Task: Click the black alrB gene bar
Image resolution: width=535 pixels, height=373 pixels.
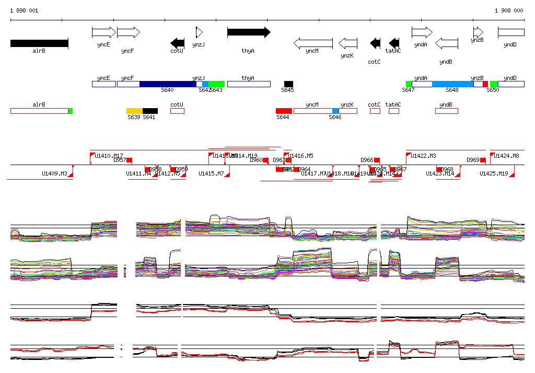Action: tap(39, 43)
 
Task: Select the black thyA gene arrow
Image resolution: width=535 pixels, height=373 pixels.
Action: tap(248, 32)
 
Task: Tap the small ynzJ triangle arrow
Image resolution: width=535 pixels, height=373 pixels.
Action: tap(199, 32)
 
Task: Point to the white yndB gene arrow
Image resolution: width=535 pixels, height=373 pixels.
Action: tap(447, 43)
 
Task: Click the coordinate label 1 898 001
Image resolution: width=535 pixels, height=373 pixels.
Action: tap(24, 10)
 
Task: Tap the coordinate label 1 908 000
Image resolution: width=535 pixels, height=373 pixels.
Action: tap(509, 10)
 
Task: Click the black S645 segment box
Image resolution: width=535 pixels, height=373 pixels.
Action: tap(288, 84)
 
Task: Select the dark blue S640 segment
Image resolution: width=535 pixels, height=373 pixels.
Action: tap(168, 84)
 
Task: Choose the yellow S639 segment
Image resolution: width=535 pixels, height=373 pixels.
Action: tap(134, 111)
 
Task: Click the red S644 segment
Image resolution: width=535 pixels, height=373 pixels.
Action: tap(284, 111)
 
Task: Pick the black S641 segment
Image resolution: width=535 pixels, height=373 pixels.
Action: tap(150, 111)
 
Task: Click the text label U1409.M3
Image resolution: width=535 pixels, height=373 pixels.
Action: tap(55, 173)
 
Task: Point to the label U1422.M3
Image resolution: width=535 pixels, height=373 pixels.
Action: tap(423, 156)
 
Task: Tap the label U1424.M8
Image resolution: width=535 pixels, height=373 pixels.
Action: tap(507, 156)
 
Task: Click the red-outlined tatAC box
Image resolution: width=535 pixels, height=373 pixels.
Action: tap(394, 111)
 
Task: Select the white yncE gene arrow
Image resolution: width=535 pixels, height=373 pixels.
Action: tap(103, 32)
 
